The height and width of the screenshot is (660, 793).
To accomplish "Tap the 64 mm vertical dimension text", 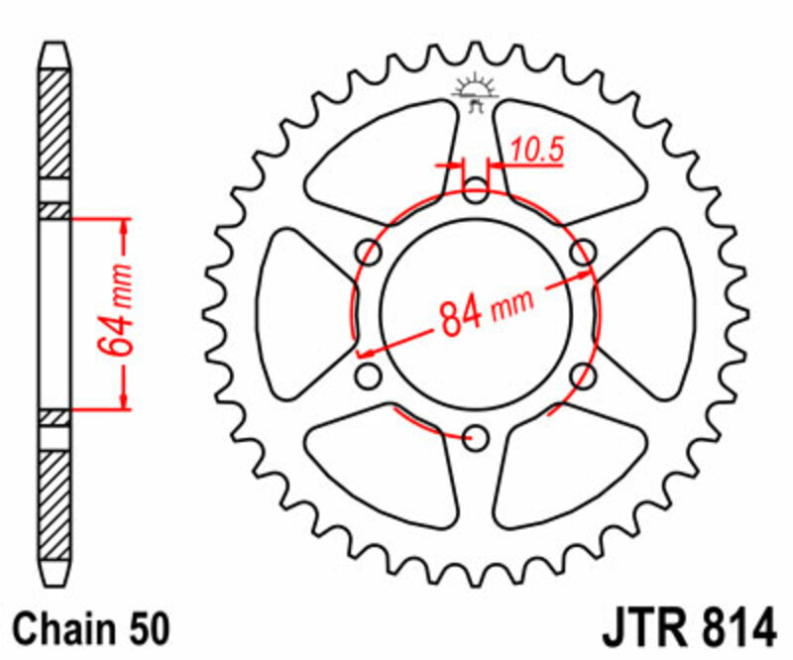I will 115,312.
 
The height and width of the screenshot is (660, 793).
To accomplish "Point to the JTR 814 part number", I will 686,629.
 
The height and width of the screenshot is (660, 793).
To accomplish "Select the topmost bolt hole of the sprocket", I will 477,190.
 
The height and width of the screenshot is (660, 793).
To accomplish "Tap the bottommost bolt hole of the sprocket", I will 477,436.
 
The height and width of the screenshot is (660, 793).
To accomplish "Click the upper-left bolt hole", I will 369,252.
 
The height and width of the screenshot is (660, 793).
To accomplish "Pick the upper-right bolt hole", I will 584,252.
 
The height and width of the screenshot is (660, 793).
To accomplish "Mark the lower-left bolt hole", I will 369,376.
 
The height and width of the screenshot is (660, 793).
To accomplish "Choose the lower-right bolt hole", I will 584,376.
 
